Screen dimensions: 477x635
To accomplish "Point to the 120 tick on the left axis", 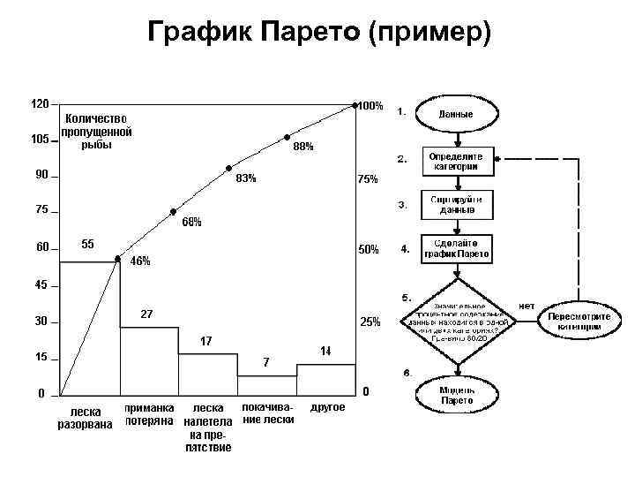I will pos(41,103).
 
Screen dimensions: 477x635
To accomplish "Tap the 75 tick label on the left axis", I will pos(41,210).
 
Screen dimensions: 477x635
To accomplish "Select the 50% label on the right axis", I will pos(368,250).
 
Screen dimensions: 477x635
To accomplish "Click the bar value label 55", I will pos(88,244).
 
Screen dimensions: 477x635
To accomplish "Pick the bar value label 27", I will pos(147,314).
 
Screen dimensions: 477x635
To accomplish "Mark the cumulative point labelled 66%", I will pos(174,213).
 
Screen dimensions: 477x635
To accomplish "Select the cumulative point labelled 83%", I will pos(228,168).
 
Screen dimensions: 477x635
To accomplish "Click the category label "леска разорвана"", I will pos(85,418).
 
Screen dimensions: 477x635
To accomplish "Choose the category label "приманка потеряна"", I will pos(149,414).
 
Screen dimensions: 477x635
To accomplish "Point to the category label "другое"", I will pos(328,408).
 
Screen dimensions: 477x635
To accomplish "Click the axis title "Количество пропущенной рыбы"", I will pos(96,132).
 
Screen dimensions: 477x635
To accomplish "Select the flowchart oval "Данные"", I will pos(456,115).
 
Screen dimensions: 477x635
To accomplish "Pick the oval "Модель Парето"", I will pos(456,394).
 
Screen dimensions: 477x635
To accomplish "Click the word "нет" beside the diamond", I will pos(527,305).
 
